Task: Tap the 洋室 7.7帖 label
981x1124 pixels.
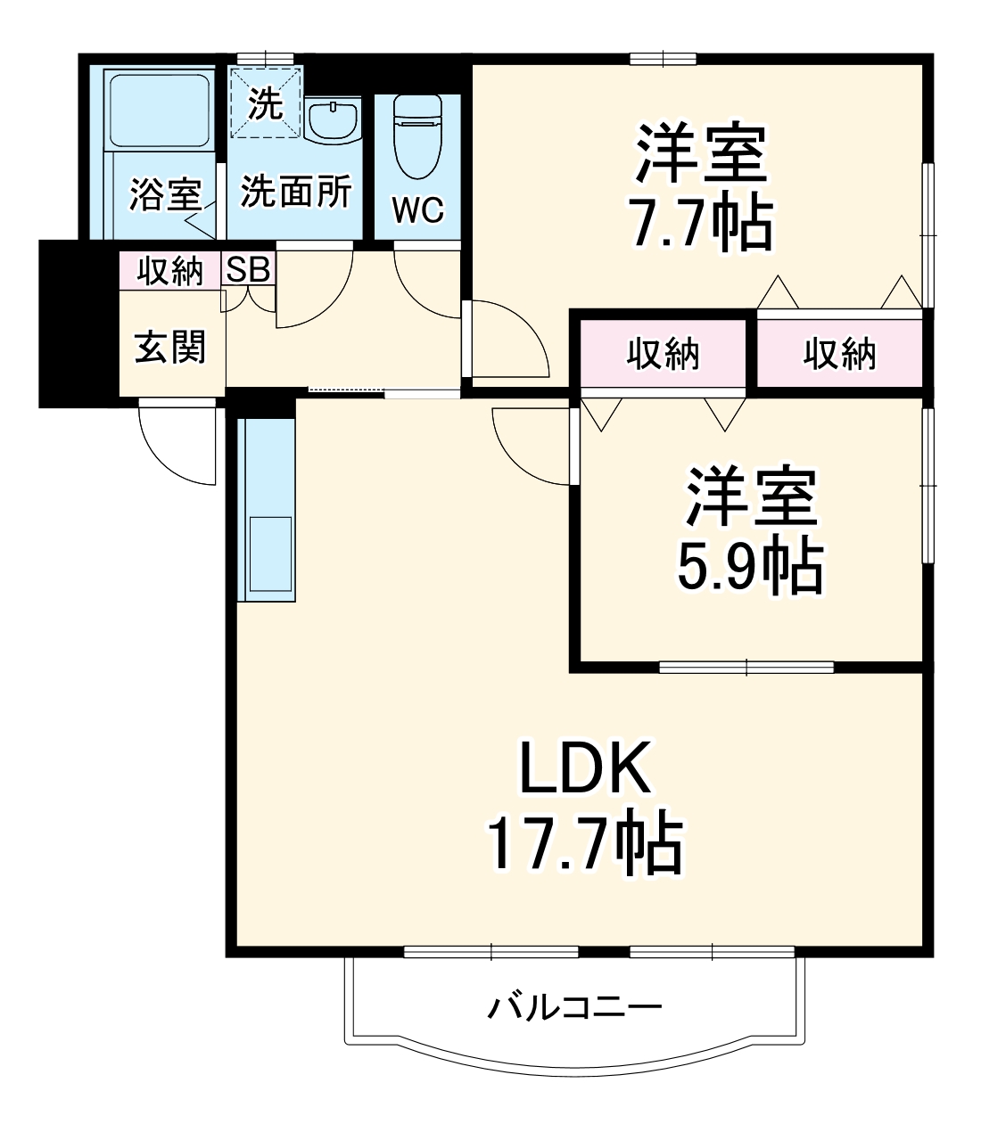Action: [701, 188]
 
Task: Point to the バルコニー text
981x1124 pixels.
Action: [575, 1008]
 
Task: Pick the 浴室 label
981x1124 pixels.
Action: [165, 194]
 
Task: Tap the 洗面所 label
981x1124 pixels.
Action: [296, 192]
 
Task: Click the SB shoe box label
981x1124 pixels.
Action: [249, 270]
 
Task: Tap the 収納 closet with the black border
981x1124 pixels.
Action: [663, 354]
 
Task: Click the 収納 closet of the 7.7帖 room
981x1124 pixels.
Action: [839, 354]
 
